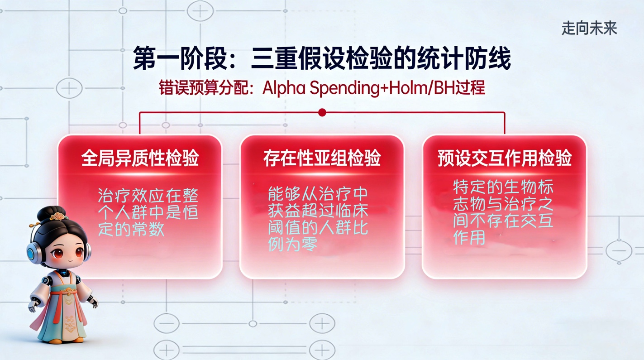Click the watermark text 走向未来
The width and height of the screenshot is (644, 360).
coord(589,28)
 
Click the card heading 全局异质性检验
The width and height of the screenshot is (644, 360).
coord(140,158)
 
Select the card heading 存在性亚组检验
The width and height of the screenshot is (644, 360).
coord(322,158)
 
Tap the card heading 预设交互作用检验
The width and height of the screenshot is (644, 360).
coord(505,158)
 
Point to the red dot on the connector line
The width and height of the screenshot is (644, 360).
coord(322,112)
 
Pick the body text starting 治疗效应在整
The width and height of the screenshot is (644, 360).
coord(148,212)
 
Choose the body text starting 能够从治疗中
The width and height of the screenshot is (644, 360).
coord(318,219)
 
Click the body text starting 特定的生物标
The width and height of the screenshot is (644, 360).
coord(503,212)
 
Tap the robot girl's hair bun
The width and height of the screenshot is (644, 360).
coord(50,212)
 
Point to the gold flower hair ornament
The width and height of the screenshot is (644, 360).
coord(58,216)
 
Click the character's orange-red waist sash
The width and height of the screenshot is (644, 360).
coord(64,293)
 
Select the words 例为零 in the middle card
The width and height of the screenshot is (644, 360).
coord(292,245)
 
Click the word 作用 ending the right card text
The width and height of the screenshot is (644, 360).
coord(469,238)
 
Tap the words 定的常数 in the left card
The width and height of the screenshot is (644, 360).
coord(131,230)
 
